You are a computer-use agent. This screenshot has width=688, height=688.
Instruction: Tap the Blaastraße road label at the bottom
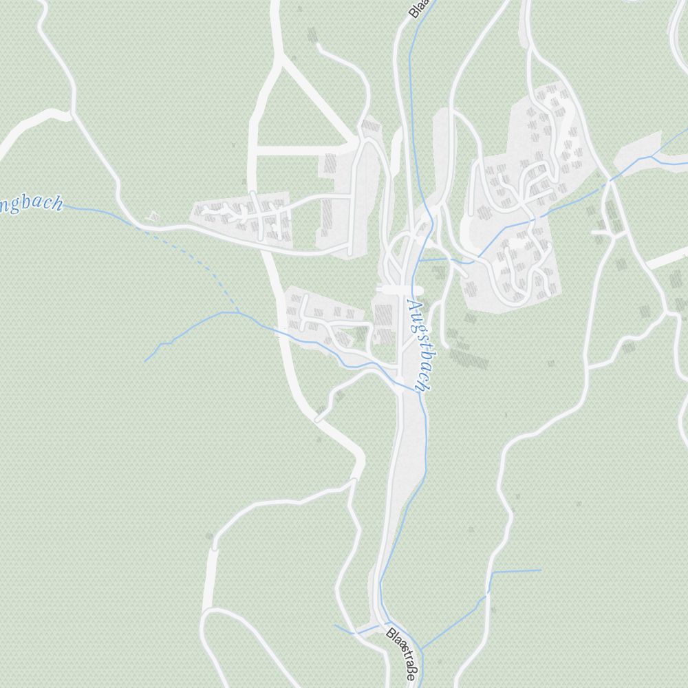401,654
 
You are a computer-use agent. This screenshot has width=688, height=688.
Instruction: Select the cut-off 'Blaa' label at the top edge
417,8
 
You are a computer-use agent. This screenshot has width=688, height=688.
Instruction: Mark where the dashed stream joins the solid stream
238,312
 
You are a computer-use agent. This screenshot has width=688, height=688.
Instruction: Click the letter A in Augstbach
413,307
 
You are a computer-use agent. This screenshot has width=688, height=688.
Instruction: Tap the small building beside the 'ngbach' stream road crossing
153,216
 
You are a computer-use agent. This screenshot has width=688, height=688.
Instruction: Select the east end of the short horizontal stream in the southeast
541,570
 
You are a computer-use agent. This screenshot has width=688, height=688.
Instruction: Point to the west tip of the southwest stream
144,361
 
